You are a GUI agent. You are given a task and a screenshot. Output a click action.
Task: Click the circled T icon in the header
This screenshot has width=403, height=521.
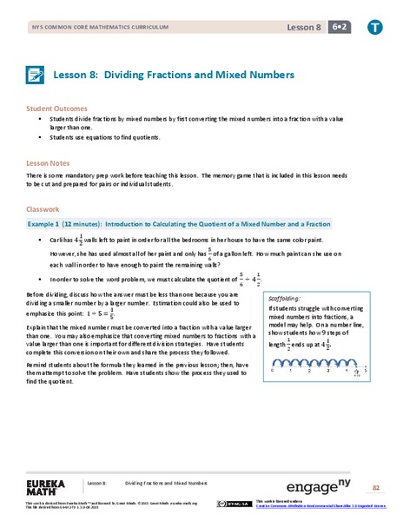tap(375, 28)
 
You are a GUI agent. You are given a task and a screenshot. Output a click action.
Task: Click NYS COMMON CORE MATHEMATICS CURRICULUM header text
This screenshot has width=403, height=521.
tap(78, 29)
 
